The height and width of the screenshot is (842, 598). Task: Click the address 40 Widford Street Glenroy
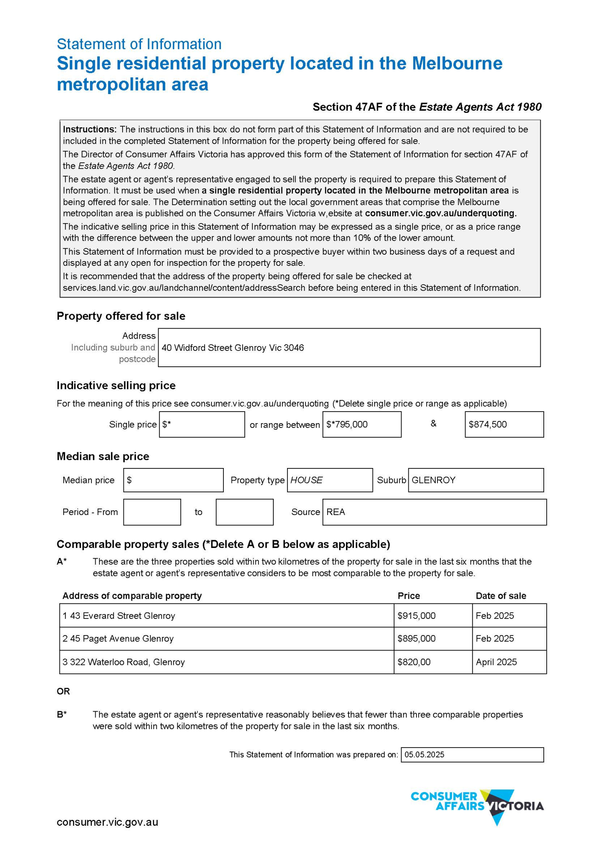coord(233,348)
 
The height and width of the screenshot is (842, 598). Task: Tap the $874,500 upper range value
coord(488,424)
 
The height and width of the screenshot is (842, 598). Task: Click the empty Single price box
coord(202,424)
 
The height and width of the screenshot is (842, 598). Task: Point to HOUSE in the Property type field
coord(307,480)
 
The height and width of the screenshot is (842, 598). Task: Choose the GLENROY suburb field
coord(434,480)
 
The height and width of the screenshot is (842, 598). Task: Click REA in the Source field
coord(336,512)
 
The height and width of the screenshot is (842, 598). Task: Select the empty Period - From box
coord(152,512)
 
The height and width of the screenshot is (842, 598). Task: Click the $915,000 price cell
coord(416,615)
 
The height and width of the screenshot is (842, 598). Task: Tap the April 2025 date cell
coord(496,662)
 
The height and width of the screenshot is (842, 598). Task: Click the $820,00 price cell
coord(414,662)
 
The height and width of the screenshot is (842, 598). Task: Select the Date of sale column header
coord(501,596)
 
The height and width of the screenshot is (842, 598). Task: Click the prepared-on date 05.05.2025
coord(425,755)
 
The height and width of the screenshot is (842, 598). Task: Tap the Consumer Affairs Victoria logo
coord(477,806)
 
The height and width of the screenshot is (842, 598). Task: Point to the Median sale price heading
coord(103,456)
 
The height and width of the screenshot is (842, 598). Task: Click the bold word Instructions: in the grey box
coord(90,129)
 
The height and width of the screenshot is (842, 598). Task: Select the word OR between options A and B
coord(63,691)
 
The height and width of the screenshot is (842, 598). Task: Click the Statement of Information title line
coord(139,44)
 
